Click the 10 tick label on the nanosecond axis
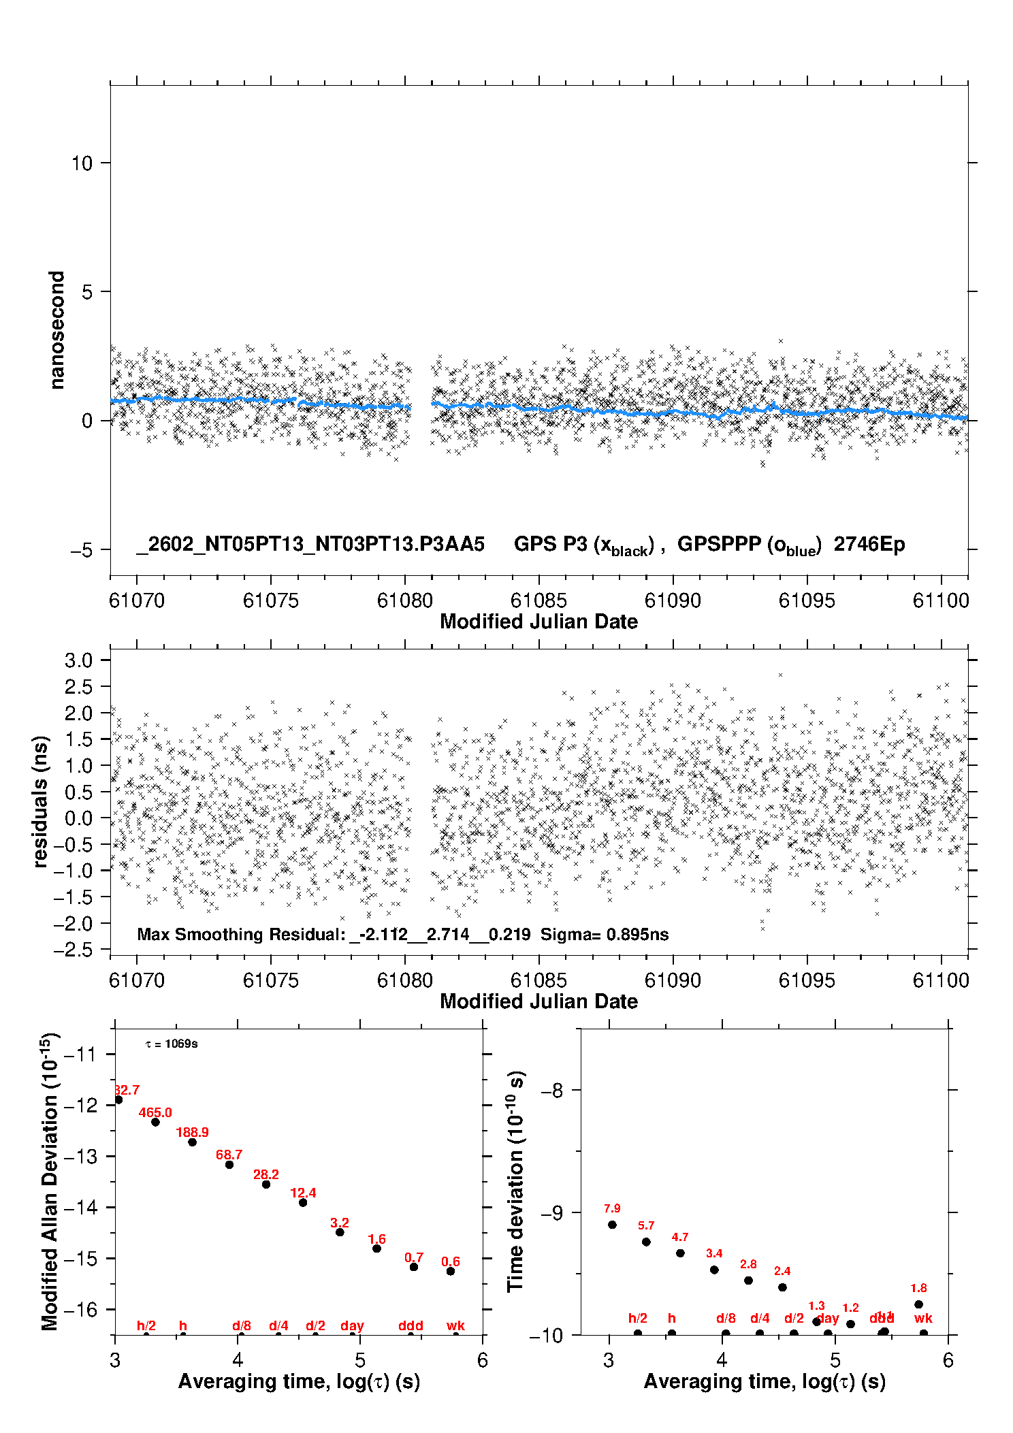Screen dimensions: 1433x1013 [x=82, y=163]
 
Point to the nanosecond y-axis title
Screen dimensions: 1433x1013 [x=57, y=330]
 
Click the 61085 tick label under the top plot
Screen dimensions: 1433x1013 [x=538, y=600]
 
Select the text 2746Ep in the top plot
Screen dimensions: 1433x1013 [x=869, y=545]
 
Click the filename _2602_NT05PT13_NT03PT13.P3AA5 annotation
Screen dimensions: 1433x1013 [x=310, y=545]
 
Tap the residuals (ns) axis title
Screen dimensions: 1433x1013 [x=42, y=801]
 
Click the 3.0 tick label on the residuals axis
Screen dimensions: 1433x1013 [x=78, y=660]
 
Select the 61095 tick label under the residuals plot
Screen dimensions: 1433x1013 [x=806, y=980]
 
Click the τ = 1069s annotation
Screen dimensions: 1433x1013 [x=172, y=1044]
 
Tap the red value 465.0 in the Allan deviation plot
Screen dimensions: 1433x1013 [x=155, y=1113]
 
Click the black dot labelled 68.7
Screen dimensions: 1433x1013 [x=229, y=1165]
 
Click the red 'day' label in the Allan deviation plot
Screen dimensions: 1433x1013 [x=352, y=1325]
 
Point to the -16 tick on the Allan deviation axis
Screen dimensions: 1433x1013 [x=80, y=1309]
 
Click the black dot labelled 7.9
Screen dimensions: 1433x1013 [x=612, y=1225]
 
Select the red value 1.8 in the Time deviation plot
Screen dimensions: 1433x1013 [x=918, y=1288]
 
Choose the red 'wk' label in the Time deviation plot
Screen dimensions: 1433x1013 [x=923, y=1318]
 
